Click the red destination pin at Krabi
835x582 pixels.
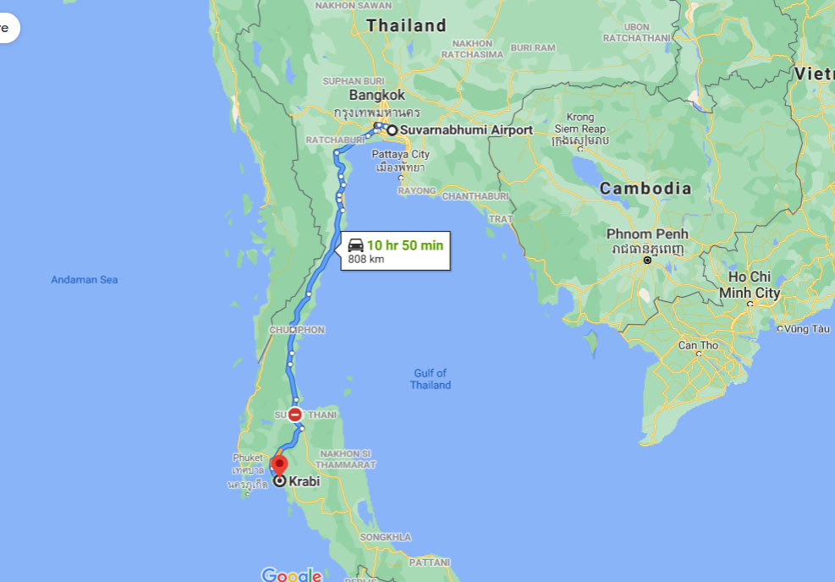coord(278,465)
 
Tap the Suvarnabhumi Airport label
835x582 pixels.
coord(466,130)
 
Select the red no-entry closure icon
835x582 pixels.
coord(294,415)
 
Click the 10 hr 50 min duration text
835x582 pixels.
coord(404,245)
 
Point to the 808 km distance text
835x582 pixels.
coord(366,259)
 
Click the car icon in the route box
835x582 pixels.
coord(355,245)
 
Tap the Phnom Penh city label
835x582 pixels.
coord(647,233)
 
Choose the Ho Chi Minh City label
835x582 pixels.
coord(750,285)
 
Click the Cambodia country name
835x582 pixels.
coord(645,189)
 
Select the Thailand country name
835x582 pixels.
coord(406,26)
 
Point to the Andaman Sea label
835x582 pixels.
coord(85,280)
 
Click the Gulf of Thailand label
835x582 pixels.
coord(431,379)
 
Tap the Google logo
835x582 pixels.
coord(291,574)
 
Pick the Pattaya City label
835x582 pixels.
coord(401,155)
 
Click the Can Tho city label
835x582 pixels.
coord(698,345)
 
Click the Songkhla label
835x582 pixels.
coord(385,537)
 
